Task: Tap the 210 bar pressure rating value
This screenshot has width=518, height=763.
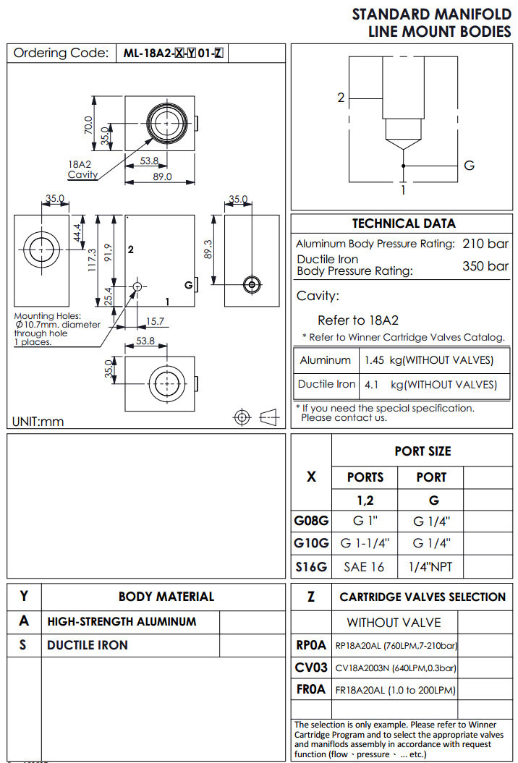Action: pos(485,244)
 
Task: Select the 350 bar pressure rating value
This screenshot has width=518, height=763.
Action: pos(485,266)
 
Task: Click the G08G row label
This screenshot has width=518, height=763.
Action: pos(311,520)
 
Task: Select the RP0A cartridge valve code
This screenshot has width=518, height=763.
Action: pos(311,645)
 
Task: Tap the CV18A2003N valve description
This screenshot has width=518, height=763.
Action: pos(395,668)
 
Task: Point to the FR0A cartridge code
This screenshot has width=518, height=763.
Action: pos(311,690)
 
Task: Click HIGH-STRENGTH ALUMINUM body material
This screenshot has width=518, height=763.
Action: pos(122,621)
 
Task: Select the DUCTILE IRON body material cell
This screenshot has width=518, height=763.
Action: pos(88,645)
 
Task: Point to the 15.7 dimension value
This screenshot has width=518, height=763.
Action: pos(155,321)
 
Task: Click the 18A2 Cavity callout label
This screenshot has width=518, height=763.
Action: pos(82,169)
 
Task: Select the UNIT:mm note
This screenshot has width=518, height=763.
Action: pos(38,422)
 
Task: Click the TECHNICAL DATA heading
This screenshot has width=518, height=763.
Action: pos(404,223)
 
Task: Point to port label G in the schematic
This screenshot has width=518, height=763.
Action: pos(469,166)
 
